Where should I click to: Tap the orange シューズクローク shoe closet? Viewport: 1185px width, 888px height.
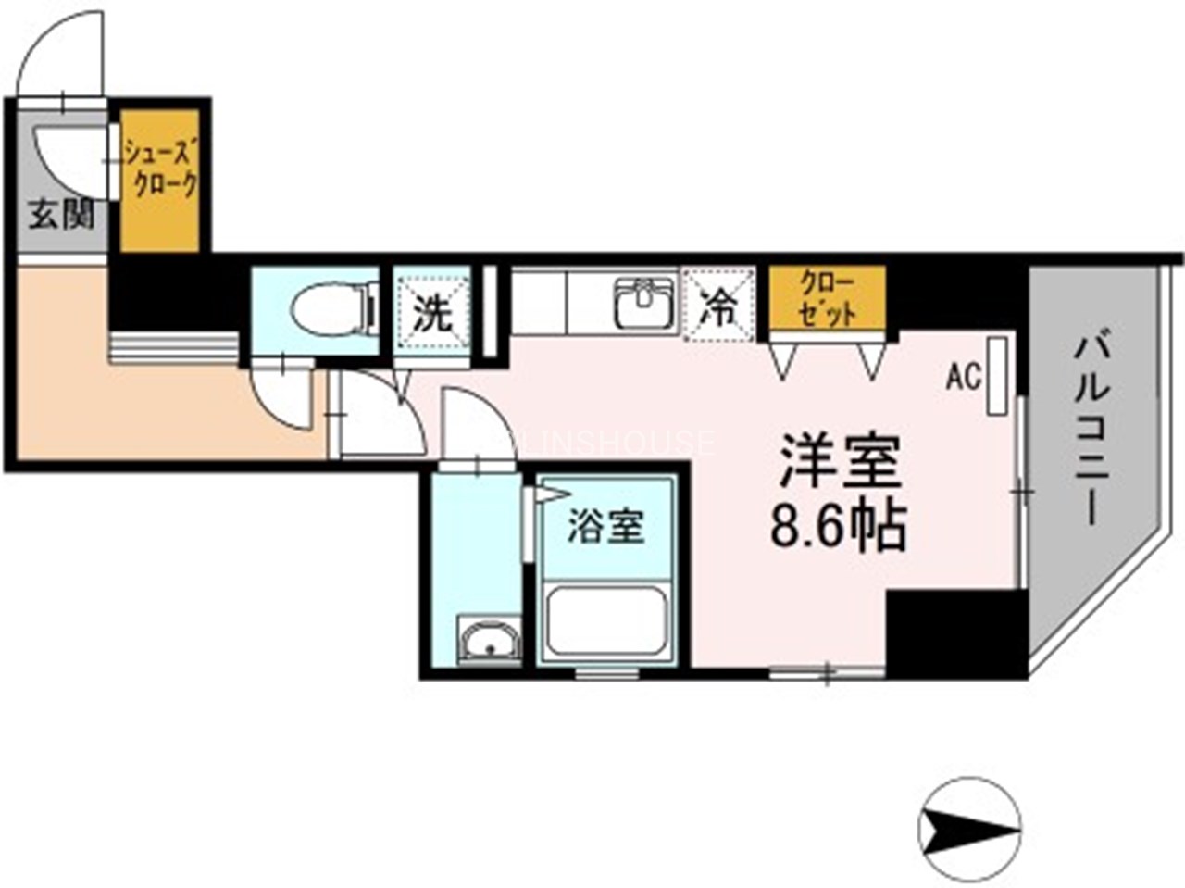pyautogui.click(x=160, y=180)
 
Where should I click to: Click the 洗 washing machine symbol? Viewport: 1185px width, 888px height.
pyautogui.click(x=431, y=312)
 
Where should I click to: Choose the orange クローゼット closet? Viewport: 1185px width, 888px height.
pyautogui.click(x=827, y=297)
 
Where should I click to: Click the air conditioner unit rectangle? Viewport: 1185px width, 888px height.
pyautogui.click(x=997, y=375)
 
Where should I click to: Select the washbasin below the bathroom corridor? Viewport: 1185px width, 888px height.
pyautogui.click(x=488, y=640)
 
